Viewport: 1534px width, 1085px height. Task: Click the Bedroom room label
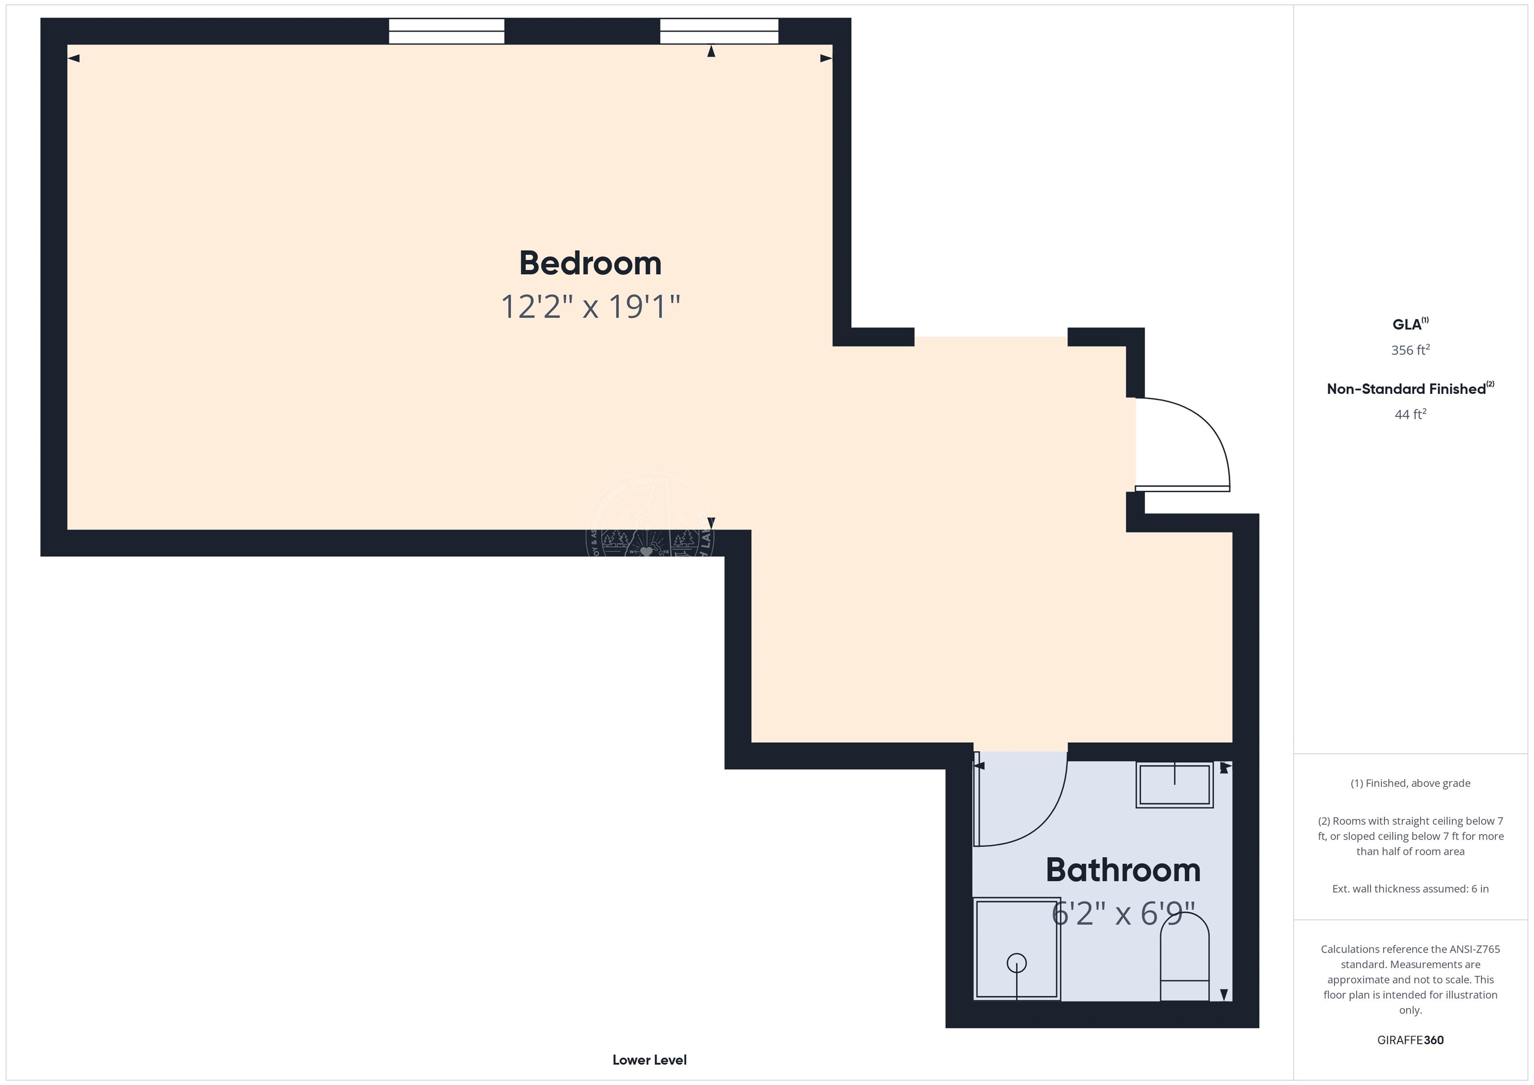(x=590, y=263)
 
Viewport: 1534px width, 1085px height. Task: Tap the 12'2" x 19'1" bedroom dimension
(x=590, y=307)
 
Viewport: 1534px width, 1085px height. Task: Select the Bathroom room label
(x=1123, y=870)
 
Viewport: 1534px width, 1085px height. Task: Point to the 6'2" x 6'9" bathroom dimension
(x=1123, y=913)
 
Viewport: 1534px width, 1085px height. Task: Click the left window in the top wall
(x=446, y=31)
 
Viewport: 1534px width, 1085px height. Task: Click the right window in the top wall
(x=719, y=31)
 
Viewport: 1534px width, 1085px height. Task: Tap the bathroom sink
(x=1174, y=784)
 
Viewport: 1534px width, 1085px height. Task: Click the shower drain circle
(x=1016, y=963)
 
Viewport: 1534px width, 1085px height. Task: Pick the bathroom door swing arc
(x=1042, y=822)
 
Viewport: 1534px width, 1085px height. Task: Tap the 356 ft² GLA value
(x=1410, y=350)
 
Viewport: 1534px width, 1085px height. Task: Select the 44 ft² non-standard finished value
(x=1410, y=414)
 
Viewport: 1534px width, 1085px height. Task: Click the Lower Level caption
(x=649, y=1060)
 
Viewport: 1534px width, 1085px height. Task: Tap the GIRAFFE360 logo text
(x=1410, y=1040)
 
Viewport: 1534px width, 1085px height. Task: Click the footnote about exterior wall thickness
(x=1410, y=889)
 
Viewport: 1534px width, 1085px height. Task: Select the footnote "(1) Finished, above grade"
(x=1410, y=783)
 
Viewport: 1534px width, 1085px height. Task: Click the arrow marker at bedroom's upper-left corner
(x=74, y=58)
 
